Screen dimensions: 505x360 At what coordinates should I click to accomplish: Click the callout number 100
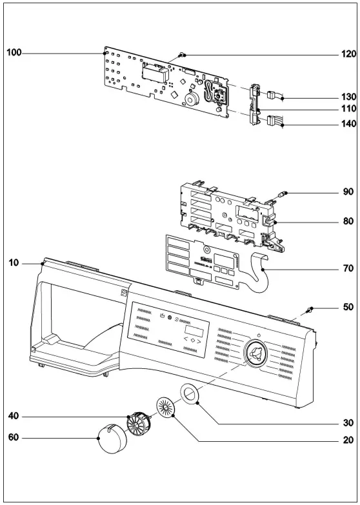click(x=14, y=52)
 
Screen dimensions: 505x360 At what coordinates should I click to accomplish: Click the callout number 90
click(x=348, y=193)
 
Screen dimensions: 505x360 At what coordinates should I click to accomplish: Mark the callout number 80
click(x=348, y=221)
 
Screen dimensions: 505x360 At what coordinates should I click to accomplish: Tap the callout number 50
click(x=348, y=307)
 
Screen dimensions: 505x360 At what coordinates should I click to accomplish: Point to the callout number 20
click(x=348, y=441)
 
